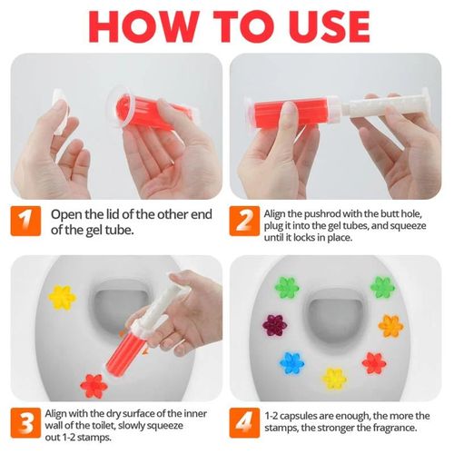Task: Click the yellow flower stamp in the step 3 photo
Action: click(x=61, y=296)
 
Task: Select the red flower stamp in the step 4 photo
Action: click(x=373, y=362)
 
